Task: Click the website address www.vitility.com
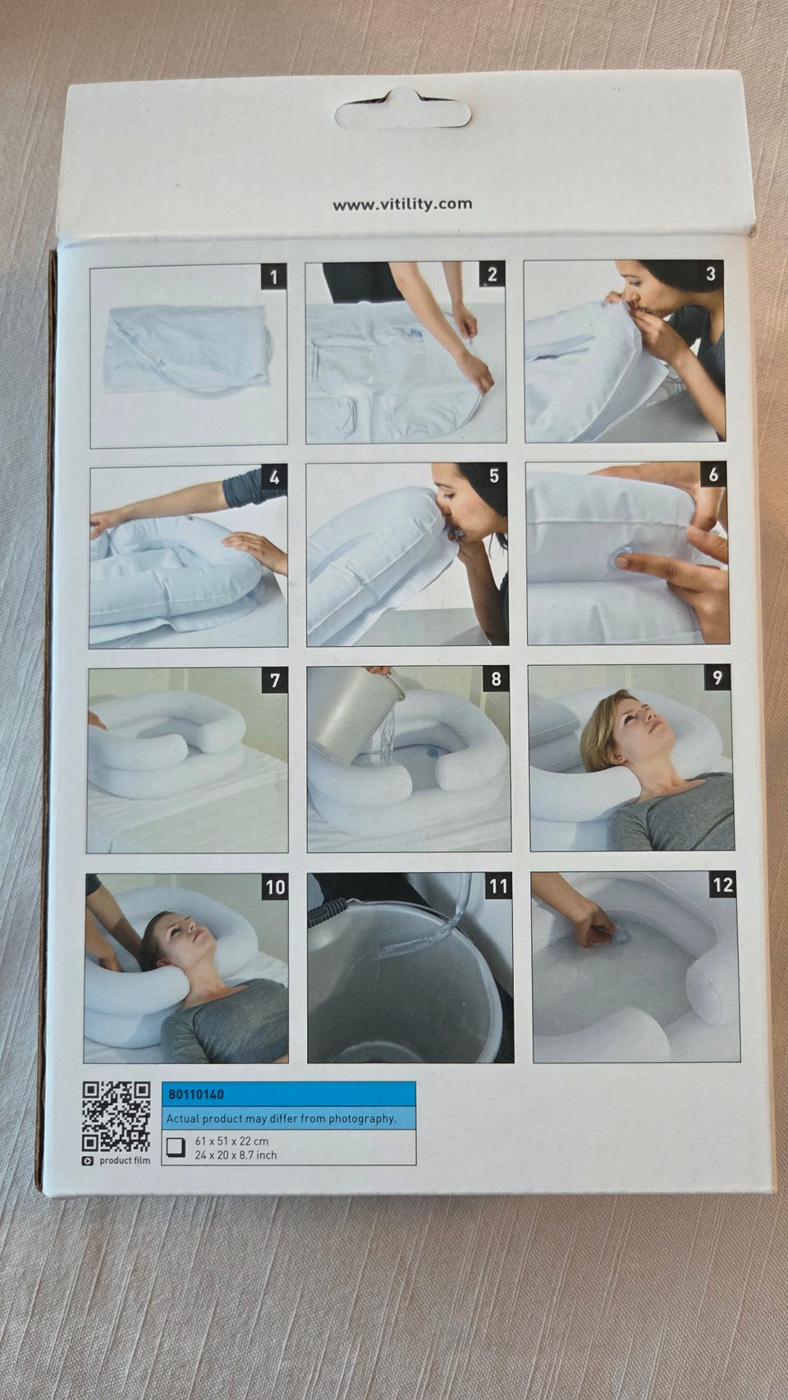click(x=402, y=204)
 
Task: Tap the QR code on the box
click(x=117, y=1117)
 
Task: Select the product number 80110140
click(x=196, y=1095)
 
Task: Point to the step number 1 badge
click(x=273, y=277)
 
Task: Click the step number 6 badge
click(x=713, y=475)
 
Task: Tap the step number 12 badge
click(x=722, y=885)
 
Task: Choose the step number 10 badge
click(x=275, y=887)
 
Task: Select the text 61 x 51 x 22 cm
click(x=231, y=1141)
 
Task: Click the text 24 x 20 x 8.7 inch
click(x=236, y=1155)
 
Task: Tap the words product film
click(x=125, y=1160)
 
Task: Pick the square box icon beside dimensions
click(x=176, y=1147)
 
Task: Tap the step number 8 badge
click(x=496, y=679)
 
